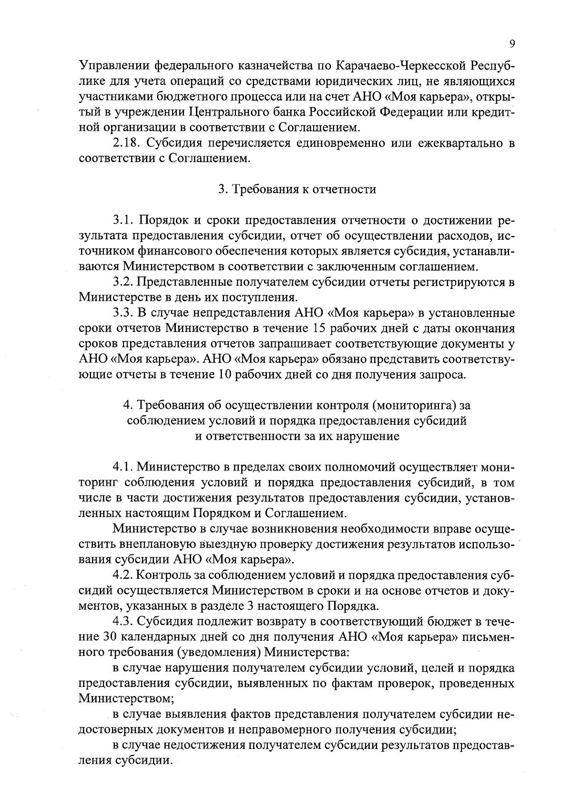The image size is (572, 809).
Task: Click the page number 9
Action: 512,44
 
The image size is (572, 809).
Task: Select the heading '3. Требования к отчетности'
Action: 297,189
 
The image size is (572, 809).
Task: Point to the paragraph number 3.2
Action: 123,282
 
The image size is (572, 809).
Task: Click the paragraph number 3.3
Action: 123,313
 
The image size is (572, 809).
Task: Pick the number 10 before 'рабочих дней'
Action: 225,375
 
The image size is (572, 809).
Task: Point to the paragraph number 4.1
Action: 123,467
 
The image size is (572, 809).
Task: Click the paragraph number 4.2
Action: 123,575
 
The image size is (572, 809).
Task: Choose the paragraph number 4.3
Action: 123,622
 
